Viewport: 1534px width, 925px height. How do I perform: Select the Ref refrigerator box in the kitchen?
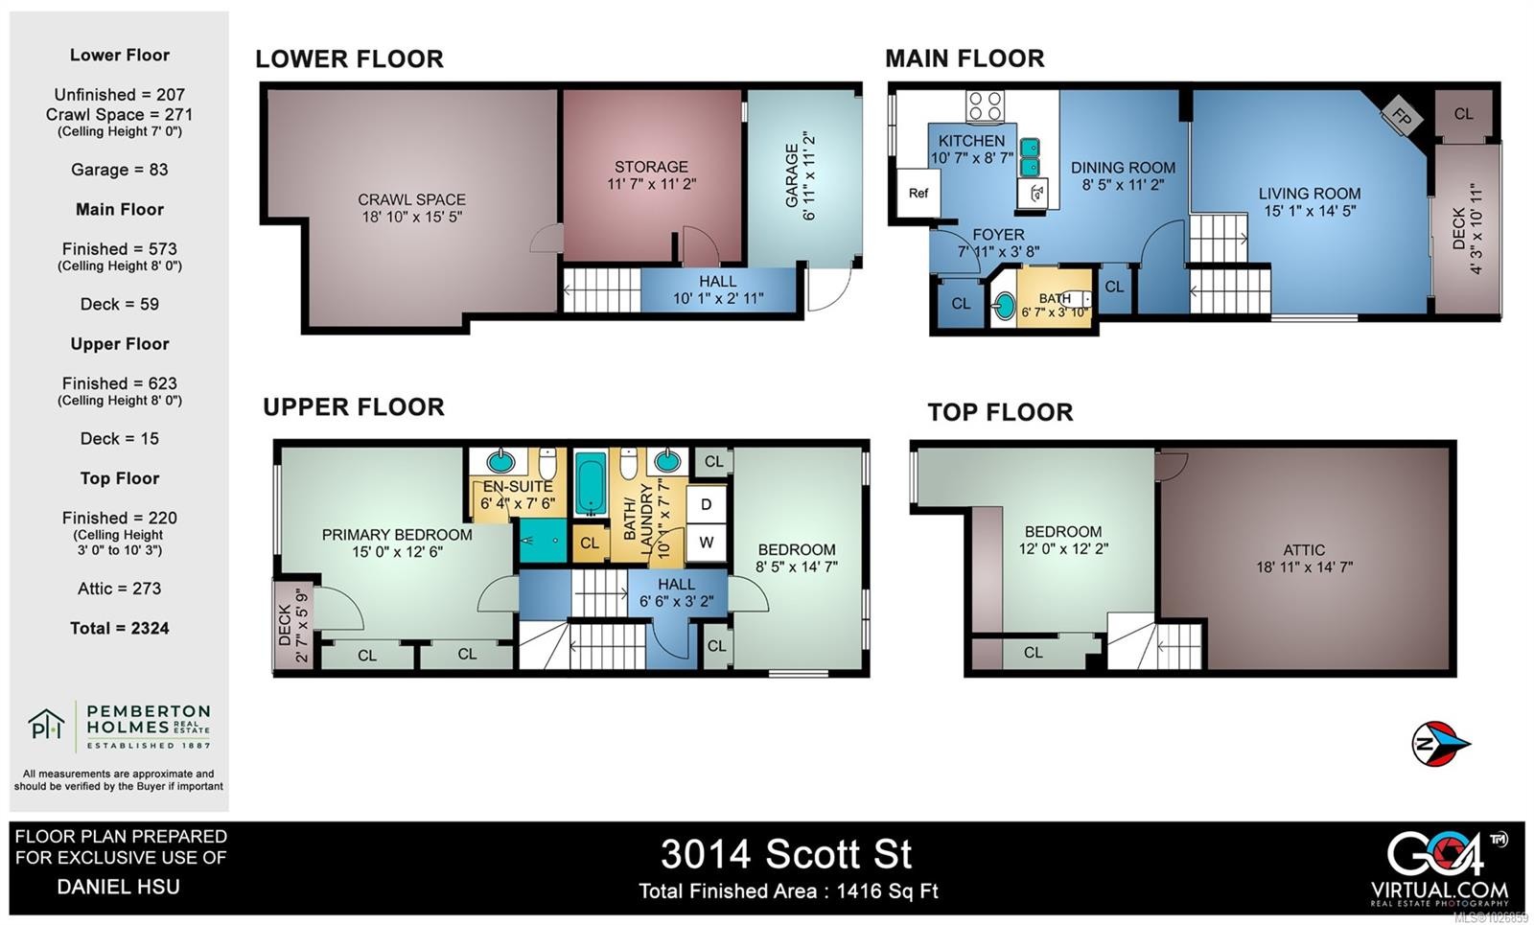point(918,194)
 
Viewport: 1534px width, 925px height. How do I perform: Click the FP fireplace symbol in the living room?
point(1402,117)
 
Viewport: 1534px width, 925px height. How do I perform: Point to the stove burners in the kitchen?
point(985,105)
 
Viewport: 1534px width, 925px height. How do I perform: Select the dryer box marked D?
point(706,505)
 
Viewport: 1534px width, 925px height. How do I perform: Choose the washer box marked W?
point(706,543)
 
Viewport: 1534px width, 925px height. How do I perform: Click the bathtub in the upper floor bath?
point(590,484)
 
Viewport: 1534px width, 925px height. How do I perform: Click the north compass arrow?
point(1440,743)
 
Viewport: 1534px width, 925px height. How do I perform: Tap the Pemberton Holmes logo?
point(119,726)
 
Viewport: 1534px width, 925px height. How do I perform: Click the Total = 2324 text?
point(119,629)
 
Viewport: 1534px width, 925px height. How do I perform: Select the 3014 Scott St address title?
point(786,854)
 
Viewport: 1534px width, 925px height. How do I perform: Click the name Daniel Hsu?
point(118,887)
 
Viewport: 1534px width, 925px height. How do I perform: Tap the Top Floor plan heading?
point(1000,412)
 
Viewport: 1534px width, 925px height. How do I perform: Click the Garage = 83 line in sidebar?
point(119,170)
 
